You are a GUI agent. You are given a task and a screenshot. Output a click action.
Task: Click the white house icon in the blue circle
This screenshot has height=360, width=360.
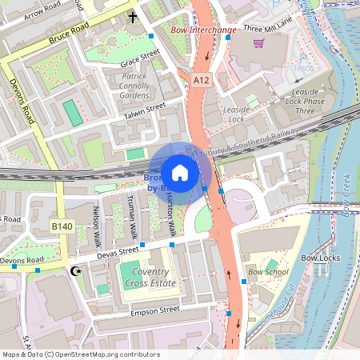pos(180,173)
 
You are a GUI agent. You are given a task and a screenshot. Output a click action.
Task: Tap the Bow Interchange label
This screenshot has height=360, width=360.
pos(203,30)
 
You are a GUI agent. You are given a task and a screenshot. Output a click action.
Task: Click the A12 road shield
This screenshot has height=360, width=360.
pos(201,80)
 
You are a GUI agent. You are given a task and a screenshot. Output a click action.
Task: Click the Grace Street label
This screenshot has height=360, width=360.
pos(134,58)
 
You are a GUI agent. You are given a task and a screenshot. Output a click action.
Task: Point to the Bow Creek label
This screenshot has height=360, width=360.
pos(346,197)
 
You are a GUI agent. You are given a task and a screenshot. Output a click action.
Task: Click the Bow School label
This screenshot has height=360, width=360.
pos(268,272)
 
